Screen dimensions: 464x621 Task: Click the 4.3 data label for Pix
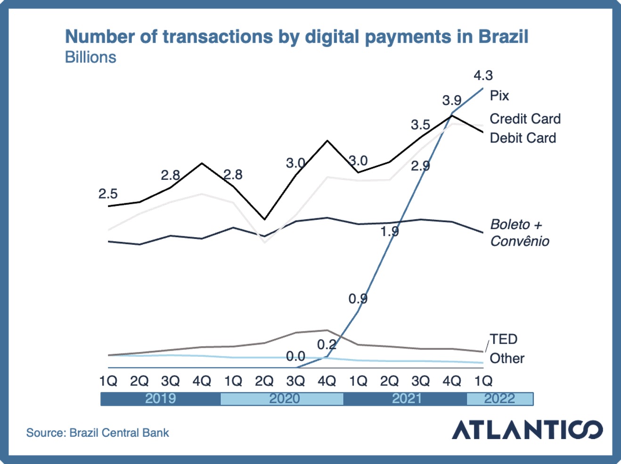click(x=483, y=75)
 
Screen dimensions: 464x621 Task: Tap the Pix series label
click(x=499, y=96)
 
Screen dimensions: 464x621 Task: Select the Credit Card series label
click(x=525, y=119)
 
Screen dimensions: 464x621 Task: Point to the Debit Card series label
click(x=523, y=138)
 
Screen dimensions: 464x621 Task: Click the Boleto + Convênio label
click(x=519, y=232)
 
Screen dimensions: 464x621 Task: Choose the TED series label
click(x=504, y=339)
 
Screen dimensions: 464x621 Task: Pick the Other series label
click(x=507, y=358)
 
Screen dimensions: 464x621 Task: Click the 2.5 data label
click(x=108, y=193)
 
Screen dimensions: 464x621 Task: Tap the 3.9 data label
click(x=451, y=100)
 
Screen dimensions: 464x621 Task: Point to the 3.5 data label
click(x=420, y=125)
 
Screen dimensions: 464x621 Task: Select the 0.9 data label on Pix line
click(x=358, y=298)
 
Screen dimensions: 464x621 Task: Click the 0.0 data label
click(x=295, y=356)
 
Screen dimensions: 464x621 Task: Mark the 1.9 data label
click(x=390, y=231)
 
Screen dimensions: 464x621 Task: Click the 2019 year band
click(x=160, y=399)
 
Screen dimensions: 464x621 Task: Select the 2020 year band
click(x=284, y=399)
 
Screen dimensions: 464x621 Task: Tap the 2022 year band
click(x=499, y=399)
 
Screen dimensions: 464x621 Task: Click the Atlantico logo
click(x=527, y=429)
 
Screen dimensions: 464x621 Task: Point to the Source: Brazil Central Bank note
click(x=98, y=432)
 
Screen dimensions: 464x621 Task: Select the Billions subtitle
click(x=90, y=57)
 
